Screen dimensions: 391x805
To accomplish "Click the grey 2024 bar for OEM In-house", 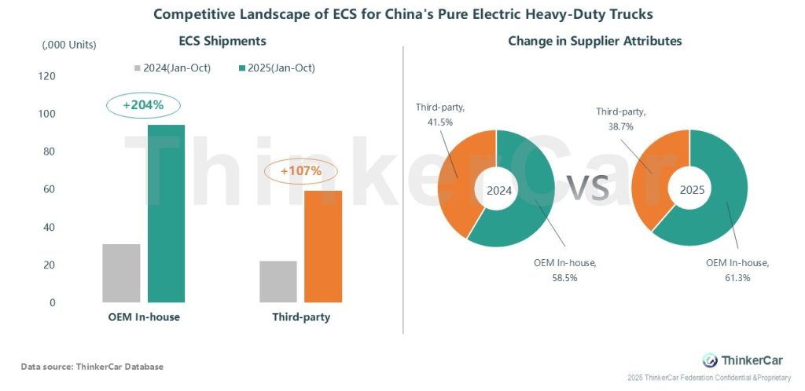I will (121, 273).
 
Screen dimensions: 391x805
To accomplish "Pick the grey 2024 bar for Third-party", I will (278, 281).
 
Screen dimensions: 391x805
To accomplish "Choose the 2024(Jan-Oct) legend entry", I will (172, 68).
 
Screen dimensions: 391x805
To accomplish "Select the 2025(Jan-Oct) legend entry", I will (277, 68).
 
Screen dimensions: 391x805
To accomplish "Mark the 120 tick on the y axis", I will (47, 76).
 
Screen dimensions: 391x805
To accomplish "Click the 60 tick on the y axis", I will (50, 189).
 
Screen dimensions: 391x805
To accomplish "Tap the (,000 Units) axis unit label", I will (69, 45).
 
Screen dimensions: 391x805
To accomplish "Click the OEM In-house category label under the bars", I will (144, 317).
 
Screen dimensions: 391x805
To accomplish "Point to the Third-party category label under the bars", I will (301, 317).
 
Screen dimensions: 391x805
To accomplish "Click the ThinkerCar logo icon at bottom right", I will (710, 360).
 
